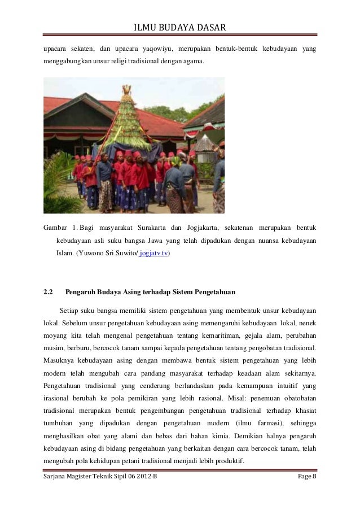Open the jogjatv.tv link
tap(155, 255)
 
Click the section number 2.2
tap(49, 293)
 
